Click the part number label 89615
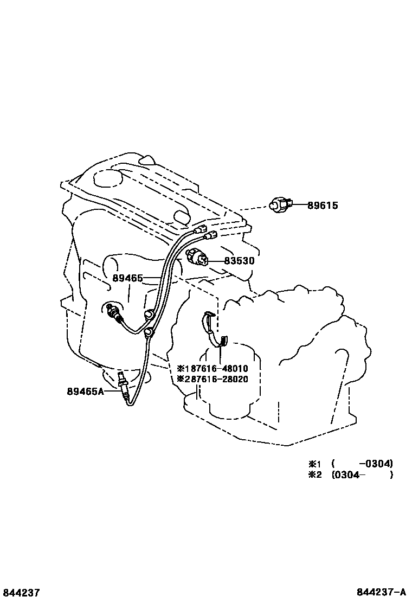[x=323, y=206]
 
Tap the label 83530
[x=239, y=261]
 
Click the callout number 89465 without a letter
[x=127, y=278]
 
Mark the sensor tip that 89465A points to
[x=121, y=380]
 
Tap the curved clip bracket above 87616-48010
[x=215, y=329]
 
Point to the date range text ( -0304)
[x=362, y=464]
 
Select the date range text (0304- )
[x=362, y=475]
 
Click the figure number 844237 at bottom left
[x=21, y=593]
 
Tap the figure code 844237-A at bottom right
[x=381, y=593]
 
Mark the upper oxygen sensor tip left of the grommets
[x=113, y=311]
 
